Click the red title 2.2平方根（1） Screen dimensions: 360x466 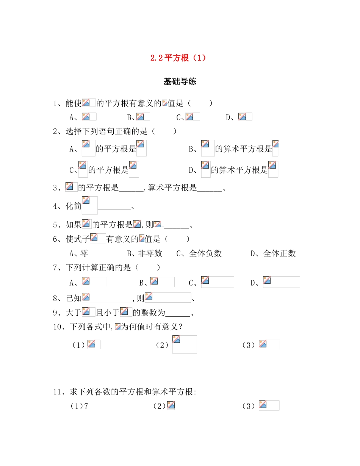point(178,58)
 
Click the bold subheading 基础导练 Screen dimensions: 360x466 point(180,81)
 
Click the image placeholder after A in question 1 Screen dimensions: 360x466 point(89,117)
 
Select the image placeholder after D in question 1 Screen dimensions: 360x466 point(245,117)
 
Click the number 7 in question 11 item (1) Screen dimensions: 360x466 point(86,406)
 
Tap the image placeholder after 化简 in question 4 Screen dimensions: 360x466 point(90,205)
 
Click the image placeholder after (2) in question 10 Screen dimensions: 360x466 point(185,344)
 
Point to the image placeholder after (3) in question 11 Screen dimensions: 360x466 point(269,405)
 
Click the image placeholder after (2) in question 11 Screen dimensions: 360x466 point(171,406)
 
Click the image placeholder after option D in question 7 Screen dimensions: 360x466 point(281,282)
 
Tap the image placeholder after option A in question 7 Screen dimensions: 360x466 point(94,282)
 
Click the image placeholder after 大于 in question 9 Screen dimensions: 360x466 point(88,312)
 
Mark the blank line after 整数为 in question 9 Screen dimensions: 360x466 point(178,314)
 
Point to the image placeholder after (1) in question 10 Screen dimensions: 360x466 point(94,344)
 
